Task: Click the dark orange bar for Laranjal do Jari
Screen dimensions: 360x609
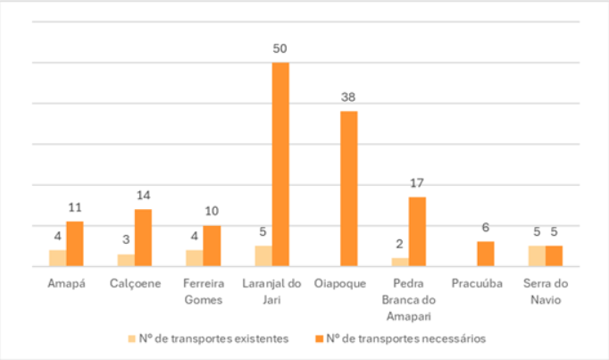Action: (280, 164)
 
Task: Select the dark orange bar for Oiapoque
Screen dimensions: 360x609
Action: (348, 188)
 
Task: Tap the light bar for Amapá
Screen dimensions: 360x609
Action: (57, 258)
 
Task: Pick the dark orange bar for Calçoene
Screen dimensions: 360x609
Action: (143, 238)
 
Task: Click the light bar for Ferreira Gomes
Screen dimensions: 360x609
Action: (194, 258)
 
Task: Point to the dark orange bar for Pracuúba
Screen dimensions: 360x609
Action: (485, 254)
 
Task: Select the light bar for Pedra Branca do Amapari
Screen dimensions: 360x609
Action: (400, 262)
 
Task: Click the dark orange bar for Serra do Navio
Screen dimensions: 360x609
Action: (554, 255)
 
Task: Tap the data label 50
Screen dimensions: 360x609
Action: (280, 47)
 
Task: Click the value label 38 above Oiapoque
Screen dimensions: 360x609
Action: (348, 96)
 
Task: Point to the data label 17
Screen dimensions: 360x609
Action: (417, 182)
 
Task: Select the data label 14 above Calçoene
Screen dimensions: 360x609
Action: (143, 195)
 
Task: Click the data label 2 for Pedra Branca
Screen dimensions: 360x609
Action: (400, 244)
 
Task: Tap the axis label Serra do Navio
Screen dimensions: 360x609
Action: (545, 291)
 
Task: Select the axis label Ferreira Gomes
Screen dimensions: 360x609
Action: (203, 291)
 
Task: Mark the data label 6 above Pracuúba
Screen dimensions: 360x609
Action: (485, 228)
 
